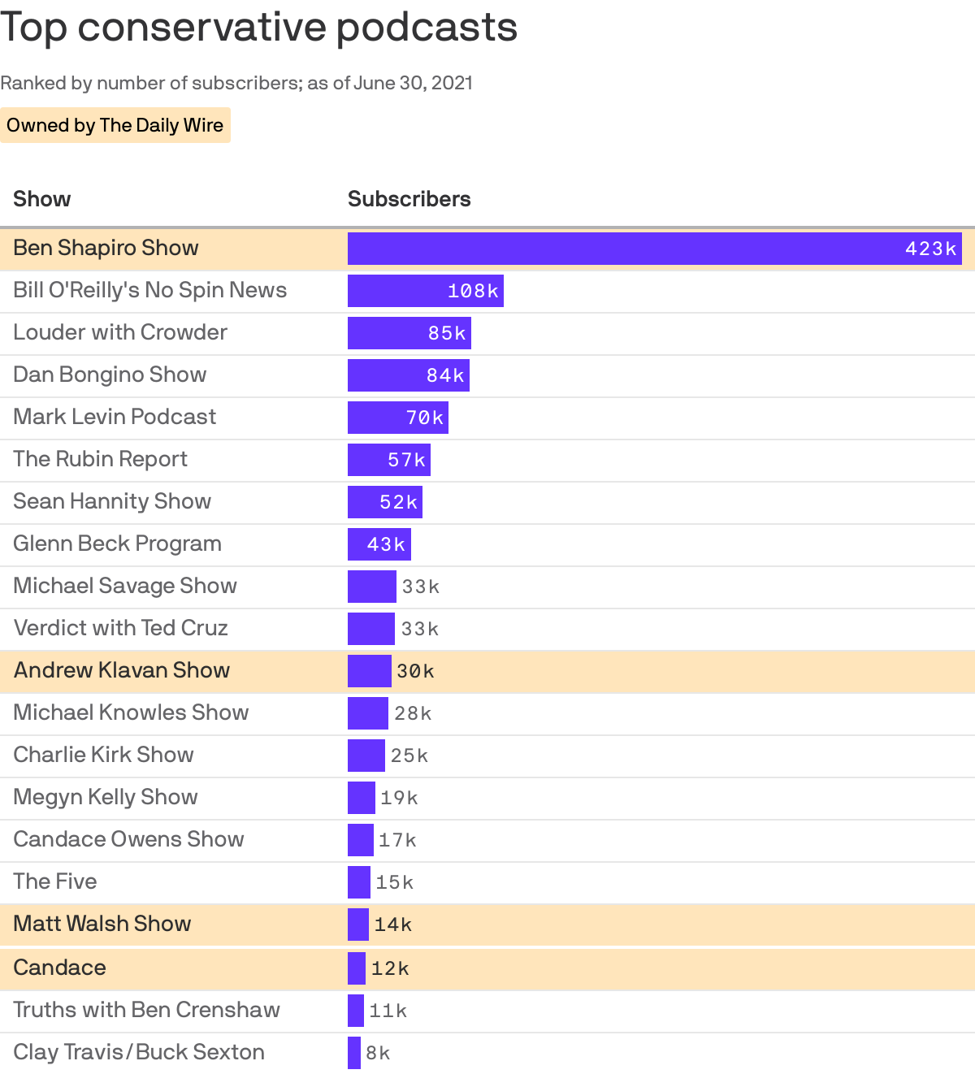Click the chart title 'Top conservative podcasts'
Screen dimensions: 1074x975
click(258, 28)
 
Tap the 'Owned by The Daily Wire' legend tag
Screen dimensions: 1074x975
click(115, 125)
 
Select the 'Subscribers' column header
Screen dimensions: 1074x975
click(409, 199)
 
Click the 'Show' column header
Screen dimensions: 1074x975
click(42, 199)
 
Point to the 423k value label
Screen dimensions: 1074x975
click(930, 249)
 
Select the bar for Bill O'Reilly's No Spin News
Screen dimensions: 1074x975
click(425, 291)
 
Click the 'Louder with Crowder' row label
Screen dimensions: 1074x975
click(120, 332)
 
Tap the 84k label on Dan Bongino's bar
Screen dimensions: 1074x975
click(445, 375)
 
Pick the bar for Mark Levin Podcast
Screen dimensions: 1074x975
click(397, 418)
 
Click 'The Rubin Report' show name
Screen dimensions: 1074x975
click(100, 459)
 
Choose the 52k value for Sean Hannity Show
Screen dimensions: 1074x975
click(398, 502)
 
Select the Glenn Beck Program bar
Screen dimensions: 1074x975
click(379, 544)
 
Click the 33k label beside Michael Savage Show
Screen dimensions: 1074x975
click(420, 587)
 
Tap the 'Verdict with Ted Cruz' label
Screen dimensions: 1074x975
click(120, 628)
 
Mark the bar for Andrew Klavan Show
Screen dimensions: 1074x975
click(369, 671)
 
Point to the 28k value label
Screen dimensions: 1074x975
click(413, 713)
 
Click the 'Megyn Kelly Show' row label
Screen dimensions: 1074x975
click(106, 797)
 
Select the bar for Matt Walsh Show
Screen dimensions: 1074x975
click(357, 925)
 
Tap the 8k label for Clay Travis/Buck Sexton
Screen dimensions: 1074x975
click(378, 1053)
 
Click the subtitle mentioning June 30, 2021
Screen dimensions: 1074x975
click(236, 83)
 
